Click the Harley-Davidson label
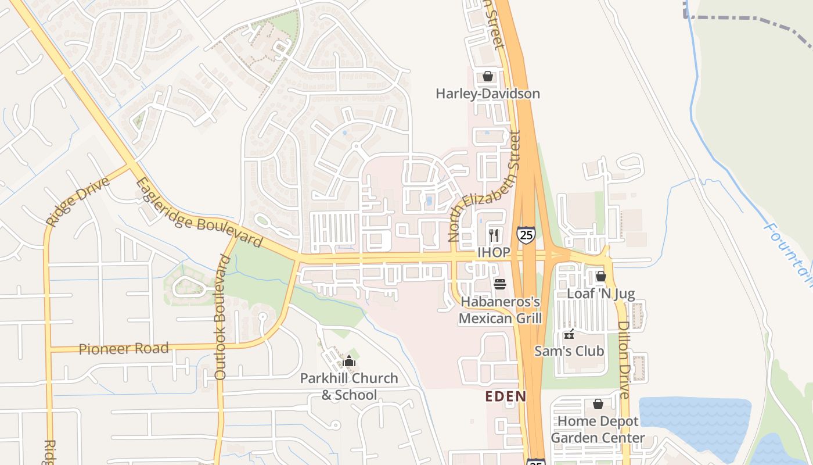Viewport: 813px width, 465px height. [x=488, y=94]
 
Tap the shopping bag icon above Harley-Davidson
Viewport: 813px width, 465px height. [x=488, y=76]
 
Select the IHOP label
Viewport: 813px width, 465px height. [x=494, y=252]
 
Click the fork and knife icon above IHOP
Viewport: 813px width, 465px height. [x=494, y=235]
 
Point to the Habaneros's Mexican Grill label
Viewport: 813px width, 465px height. [x=500, y=310]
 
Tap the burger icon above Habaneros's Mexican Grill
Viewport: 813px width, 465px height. [x=500, y=284]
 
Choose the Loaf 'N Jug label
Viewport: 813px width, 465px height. [x=601, y=294]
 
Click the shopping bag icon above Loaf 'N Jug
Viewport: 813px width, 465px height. [x=601, y=276]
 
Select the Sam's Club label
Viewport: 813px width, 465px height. [x=569, y=351]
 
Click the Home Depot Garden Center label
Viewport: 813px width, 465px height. [x=598, y=430]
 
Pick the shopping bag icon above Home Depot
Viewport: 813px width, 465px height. [x=598, y=404]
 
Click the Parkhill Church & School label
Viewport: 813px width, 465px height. [x=349, y=387]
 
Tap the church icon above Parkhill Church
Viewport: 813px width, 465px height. [x=349, y=362]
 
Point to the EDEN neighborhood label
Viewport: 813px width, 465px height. [x=506, y=396]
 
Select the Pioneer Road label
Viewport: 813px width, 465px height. [x=124, y=349]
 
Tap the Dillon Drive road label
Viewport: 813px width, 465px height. [x=624, y=360]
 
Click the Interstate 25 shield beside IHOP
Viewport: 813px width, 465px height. [x=526, y=234]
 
